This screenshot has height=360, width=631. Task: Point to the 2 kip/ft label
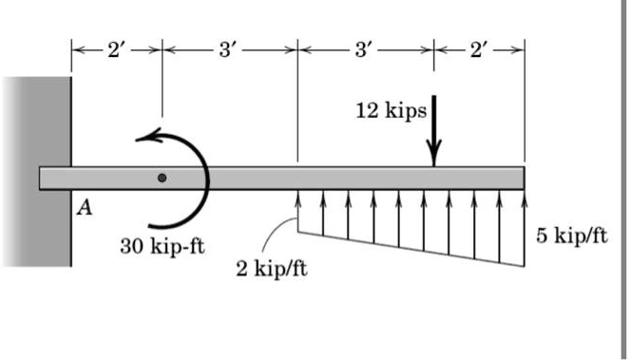coord(271,269)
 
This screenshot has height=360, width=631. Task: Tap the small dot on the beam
coord(163,178)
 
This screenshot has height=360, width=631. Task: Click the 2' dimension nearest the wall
coord(116,48)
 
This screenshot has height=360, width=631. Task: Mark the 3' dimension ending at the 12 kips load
coord(365,48)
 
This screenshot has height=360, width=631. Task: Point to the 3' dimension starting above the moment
coord(229,48)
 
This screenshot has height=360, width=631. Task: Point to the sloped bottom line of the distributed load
coord(411,249)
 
